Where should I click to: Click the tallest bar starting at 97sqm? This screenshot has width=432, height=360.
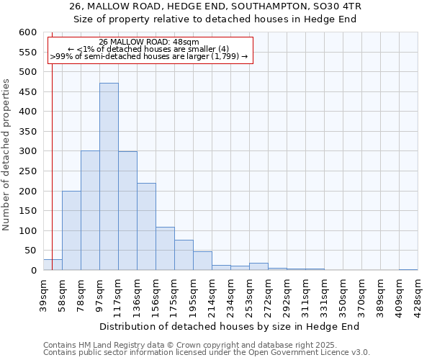click(x=109, y=176)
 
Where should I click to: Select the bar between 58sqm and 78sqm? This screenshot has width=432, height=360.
click(x=71, y=230)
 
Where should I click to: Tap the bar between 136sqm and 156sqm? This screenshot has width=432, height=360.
click(x=146, y=227)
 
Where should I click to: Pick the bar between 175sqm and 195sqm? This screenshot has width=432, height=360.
click(x=184, y=255)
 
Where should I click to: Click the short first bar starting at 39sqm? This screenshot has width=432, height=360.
click(x=53, y=265)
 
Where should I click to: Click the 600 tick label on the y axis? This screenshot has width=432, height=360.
click(x=27, y=32)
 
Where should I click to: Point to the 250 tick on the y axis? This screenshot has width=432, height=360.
click(x=27, y=171)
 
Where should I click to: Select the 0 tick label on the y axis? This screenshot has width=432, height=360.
click(x=33, y=271)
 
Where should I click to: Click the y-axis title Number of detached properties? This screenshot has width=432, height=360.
click(x=7, y=154)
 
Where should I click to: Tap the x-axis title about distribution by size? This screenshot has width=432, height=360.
click(x=230, y=326)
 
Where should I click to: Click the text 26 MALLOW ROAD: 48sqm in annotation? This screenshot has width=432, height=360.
click(x=149, y=42)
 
